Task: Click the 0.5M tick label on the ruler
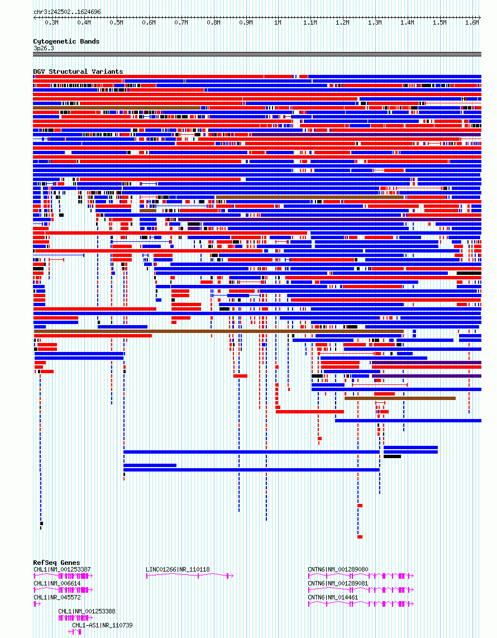tap(116, 23)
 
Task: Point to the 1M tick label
tap(278, 23)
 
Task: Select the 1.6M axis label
tap(472, 23)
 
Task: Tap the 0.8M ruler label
tap(213, 23)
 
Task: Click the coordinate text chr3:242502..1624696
tap(67, 12)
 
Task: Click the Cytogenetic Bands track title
tap(66, 41)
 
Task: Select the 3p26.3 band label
tap(44, 48)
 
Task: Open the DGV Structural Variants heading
tap(78, 72)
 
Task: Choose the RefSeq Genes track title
tap(56, 563)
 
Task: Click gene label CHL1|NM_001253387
tap(62, 569)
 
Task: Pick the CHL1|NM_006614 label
tap(57, 583)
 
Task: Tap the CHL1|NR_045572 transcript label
tap(57, 597)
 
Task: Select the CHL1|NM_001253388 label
tap(87, 611)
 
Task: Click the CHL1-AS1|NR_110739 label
tap(103, 625)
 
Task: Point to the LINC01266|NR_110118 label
tap(178, 569)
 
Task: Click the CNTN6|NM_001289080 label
tap(338, 569)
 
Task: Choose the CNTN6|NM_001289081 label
tap(338, 583)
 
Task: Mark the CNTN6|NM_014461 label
tap(333, 597)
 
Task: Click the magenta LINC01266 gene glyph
tap(189, 576)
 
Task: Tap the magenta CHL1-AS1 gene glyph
tap(75, 631)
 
